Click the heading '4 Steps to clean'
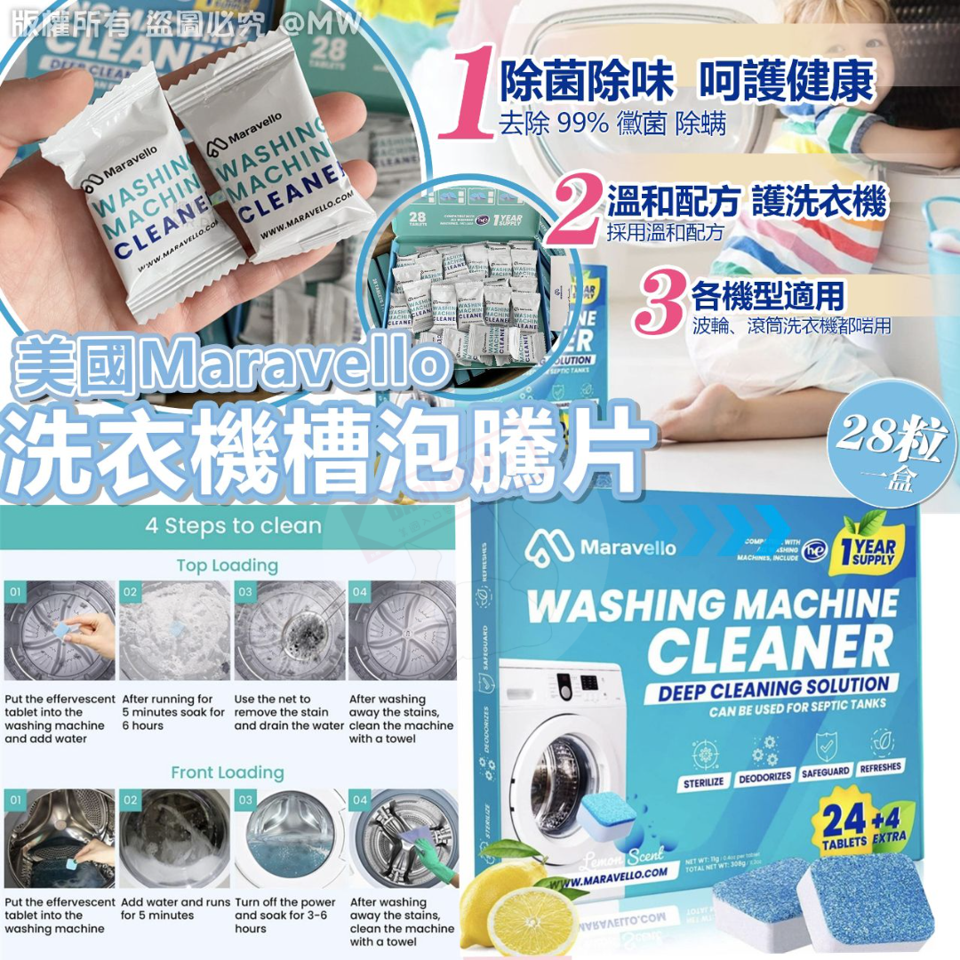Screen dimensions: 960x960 click(233, 525)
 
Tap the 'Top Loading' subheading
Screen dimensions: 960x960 click(227, 565)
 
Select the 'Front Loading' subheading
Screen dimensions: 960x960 click(228, 772)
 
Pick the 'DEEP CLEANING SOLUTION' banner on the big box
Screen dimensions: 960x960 click(773, 687)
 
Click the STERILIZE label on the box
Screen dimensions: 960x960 click(704, 781)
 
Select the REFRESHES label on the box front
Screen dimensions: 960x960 click(879, 766)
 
